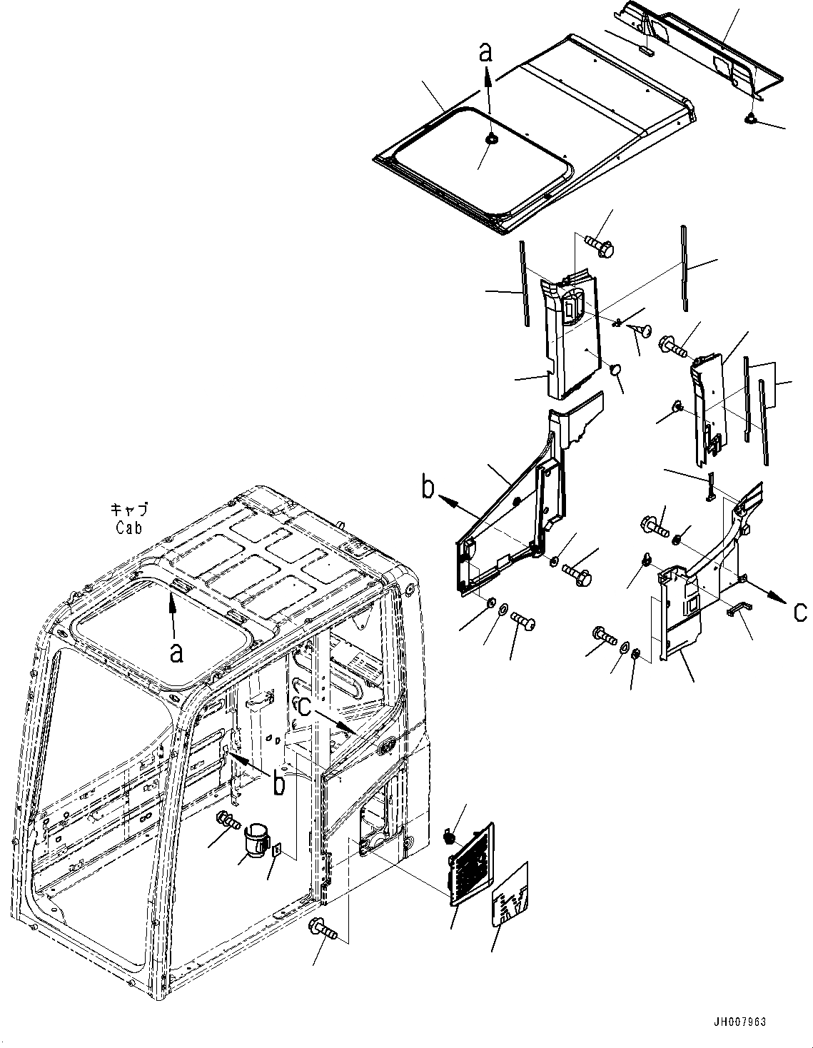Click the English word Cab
click(129, 528)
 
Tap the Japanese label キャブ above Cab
click(129, 510)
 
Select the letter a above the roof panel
click(486, 51)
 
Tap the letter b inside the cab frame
click(280, 783)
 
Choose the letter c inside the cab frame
click(304, 706)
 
